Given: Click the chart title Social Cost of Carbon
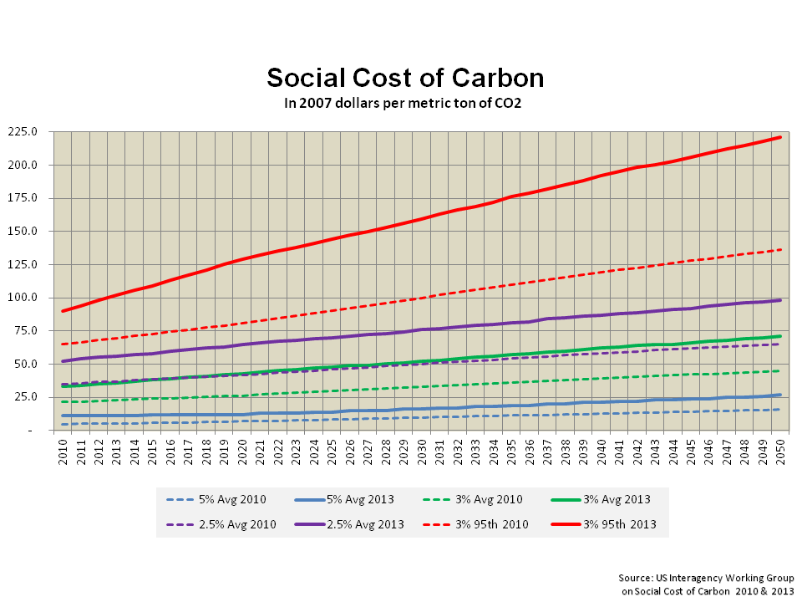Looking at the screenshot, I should [x=405, y=78].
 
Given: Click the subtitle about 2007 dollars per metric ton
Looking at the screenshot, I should [x=405, y=103].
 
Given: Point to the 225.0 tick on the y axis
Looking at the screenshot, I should [x=32, y=131].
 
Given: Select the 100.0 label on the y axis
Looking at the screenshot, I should [x=32, y=298].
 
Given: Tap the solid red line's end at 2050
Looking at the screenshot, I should [x=780, y=137].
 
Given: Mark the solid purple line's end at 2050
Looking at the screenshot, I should [x=780, y=300].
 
